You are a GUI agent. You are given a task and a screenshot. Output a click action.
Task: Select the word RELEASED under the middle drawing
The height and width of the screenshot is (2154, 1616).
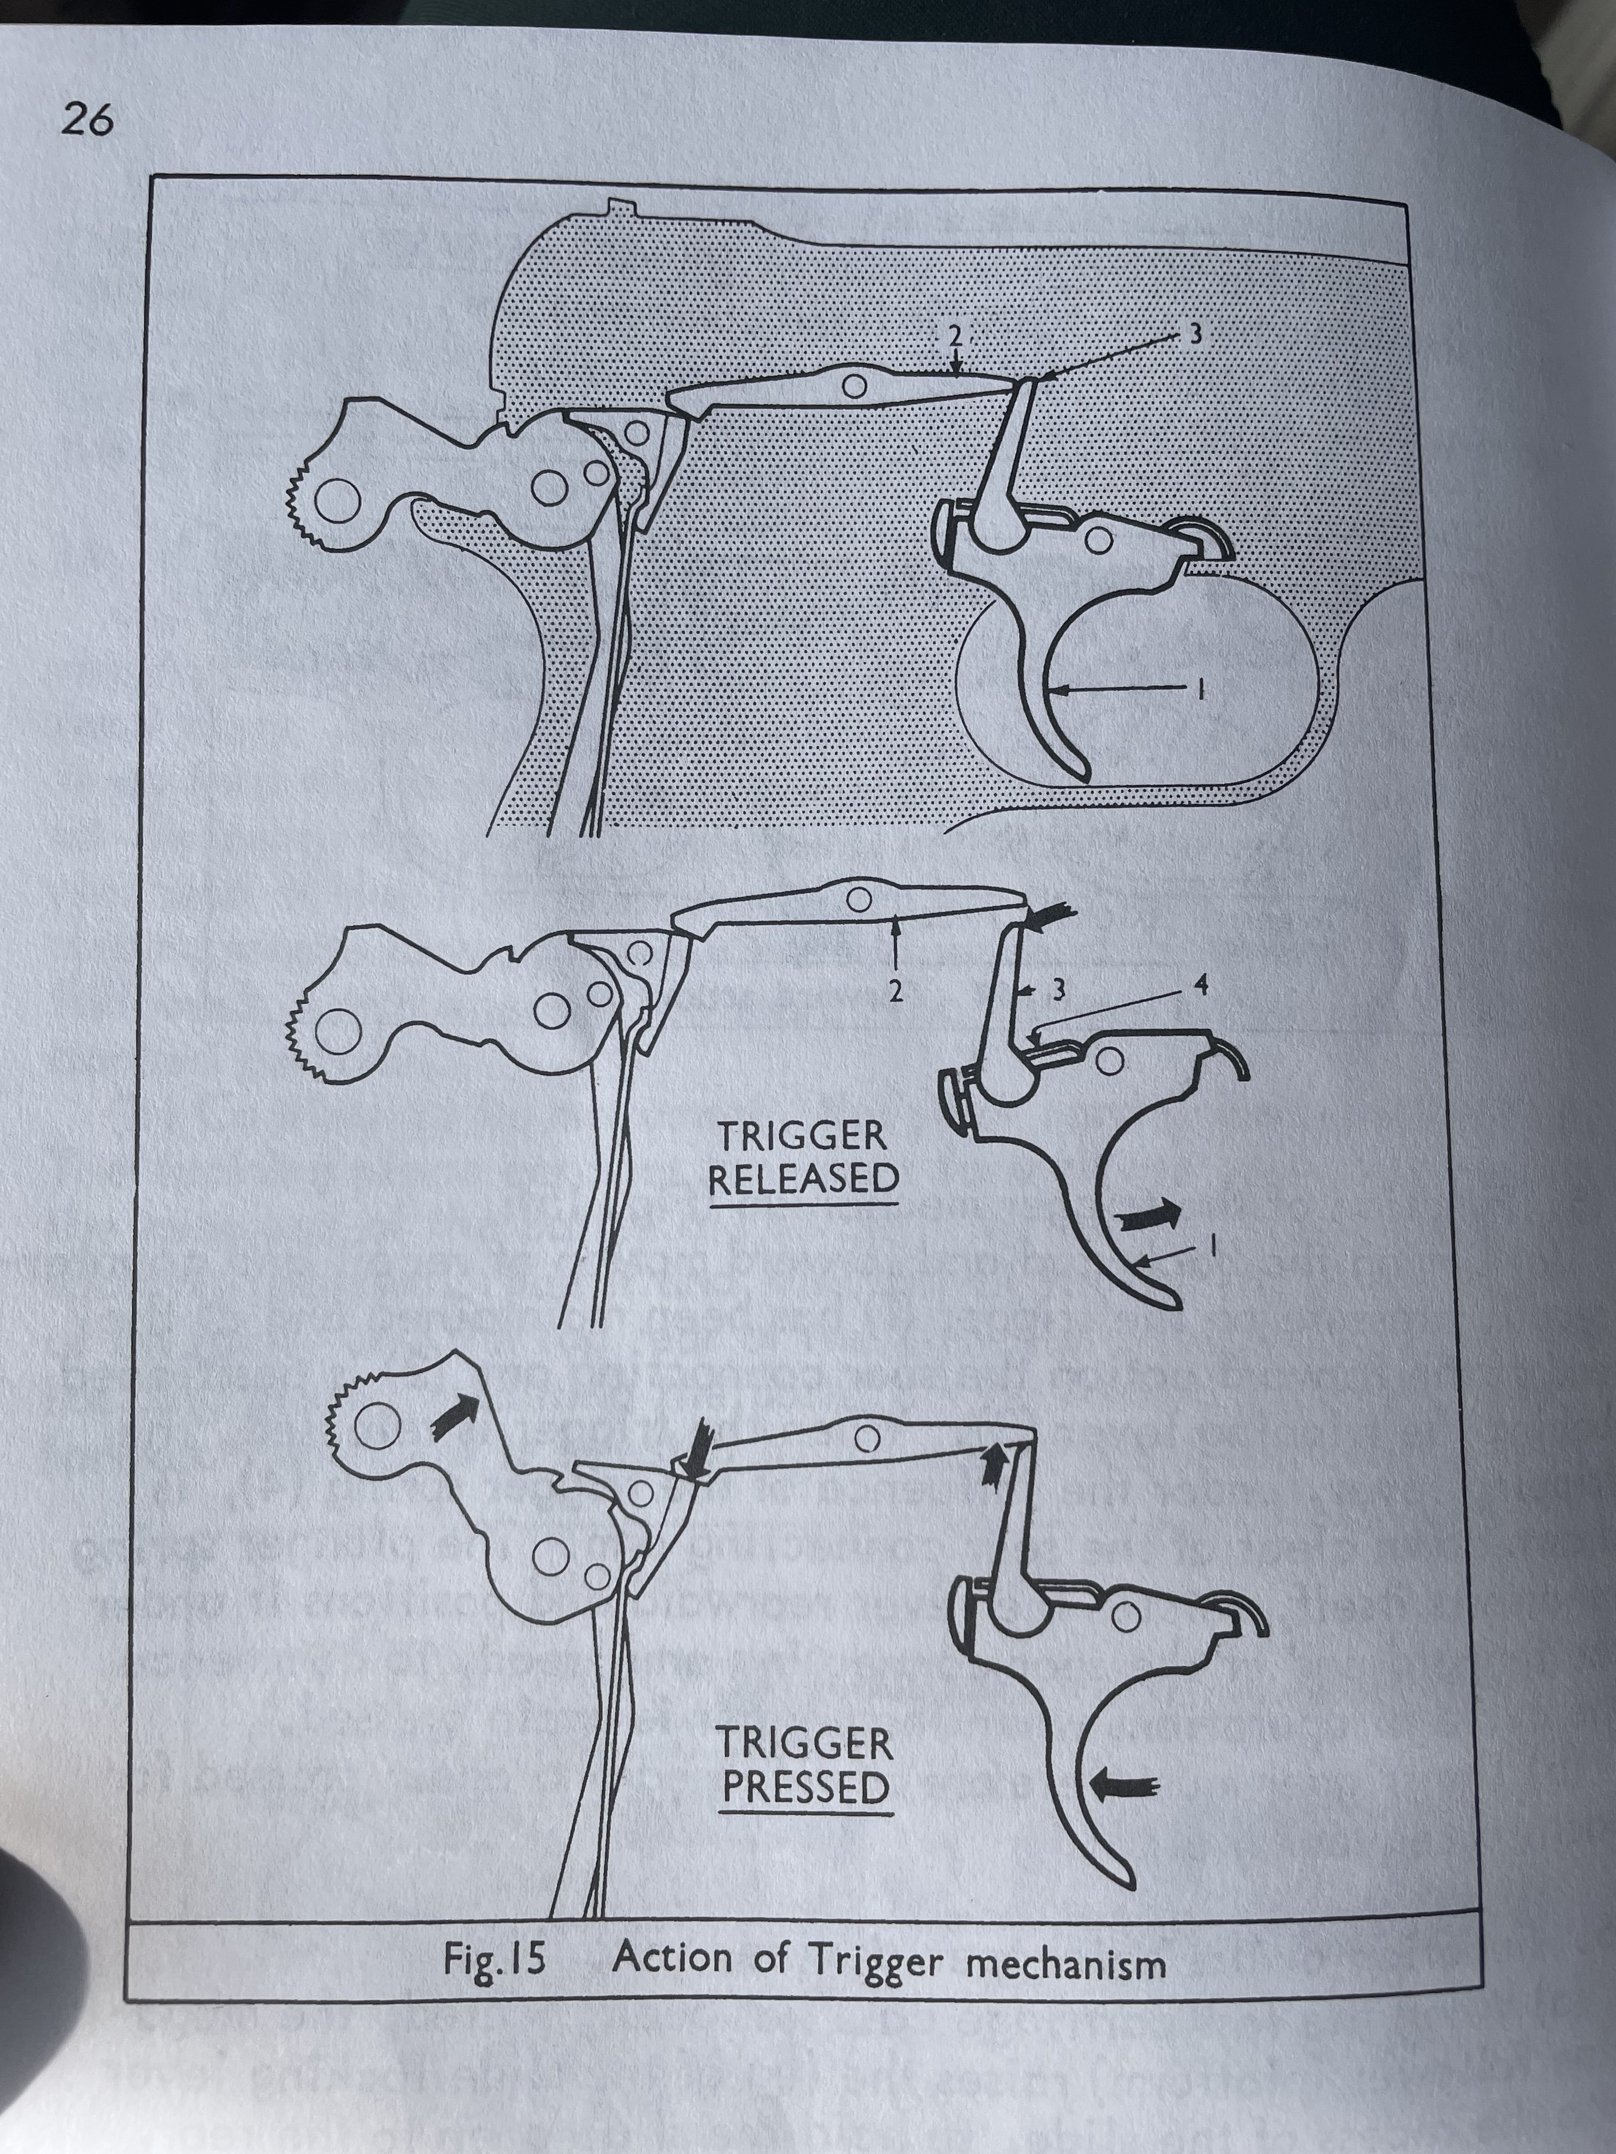803,1179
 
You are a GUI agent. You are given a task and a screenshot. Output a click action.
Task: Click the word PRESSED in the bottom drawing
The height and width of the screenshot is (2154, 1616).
805,1788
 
